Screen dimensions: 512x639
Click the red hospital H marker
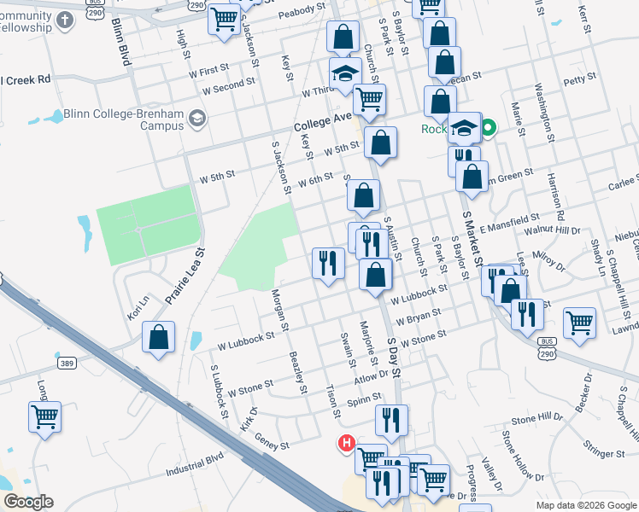[x=346, y=444]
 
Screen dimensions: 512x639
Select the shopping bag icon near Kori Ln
[x=159, y=336]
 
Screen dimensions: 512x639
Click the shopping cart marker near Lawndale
[x=579, y=322]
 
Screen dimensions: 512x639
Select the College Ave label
[x=324, y=123]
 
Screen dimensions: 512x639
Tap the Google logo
[x=28, y=502]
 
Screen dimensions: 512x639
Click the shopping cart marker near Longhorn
[x=44, y=416]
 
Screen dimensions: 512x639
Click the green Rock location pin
[x=488, y=130]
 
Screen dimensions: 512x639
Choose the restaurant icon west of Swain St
[x=327, y=262]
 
